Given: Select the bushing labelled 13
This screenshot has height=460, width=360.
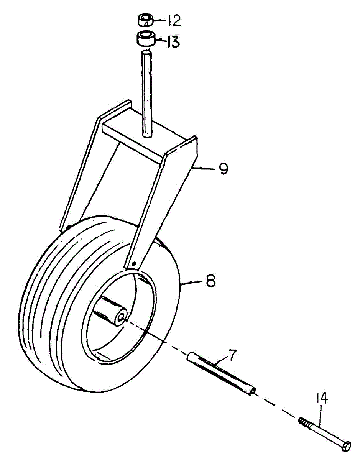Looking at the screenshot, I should (146, 39).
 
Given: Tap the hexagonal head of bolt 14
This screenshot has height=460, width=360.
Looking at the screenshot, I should (346, 447).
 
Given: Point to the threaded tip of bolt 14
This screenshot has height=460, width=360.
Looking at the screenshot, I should (303, 423).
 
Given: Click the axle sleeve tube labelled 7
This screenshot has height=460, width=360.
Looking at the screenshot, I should (220, 374).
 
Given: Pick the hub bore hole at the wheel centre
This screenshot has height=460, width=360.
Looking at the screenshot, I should (122, 317).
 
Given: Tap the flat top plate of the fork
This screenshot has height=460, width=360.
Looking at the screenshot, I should (153, 140).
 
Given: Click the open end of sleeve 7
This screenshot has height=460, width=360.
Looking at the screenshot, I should (252, 392).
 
